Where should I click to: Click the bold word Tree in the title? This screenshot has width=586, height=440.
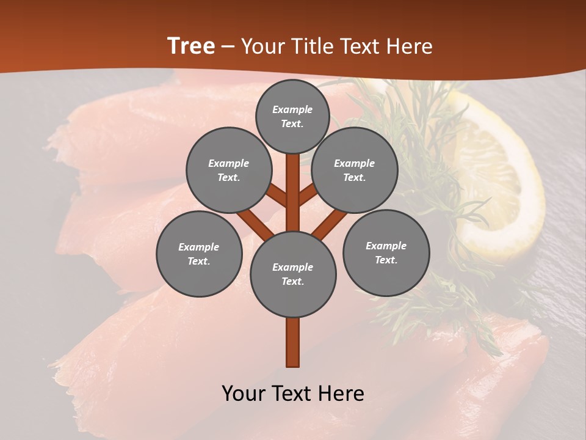(191, 46)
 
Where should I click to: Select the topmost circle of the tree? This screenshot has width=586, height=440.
(292, 116)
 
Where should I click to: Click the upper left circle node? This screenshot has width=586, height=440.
(228, 170)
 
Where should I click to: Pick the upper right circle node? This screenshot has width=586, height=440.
(354, 170)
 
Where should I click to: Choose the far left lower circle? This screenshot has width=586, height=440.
(198, 254)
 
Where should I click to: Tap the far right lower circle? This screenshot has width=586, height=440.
(386, 252)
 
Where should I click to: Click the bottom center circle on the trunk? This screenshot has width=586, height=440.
(292, 274)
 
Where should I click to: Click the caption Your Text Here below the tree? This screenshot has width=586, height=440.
(292, 394)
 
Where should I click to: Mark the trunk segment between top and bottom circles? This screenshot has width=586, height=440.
(292, 193)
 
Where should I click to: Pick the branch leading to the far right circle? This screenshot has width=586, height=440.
(330, 223)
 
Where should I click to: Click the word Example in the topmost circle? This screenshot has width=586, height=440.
(292, 109)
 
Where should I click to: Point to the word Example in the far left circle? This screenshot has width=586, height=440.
(198, 247)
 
